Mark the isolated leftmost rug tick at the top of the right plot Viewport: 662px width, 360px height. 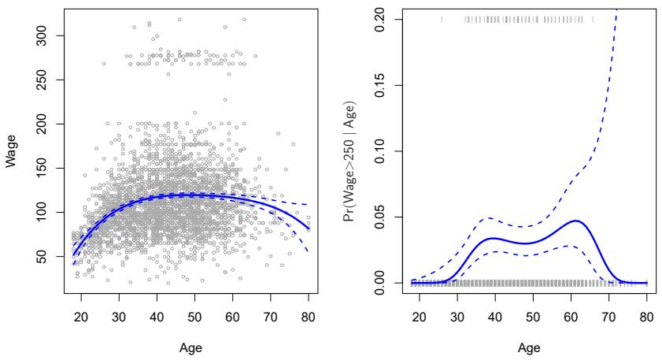[x=442, y=19]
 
